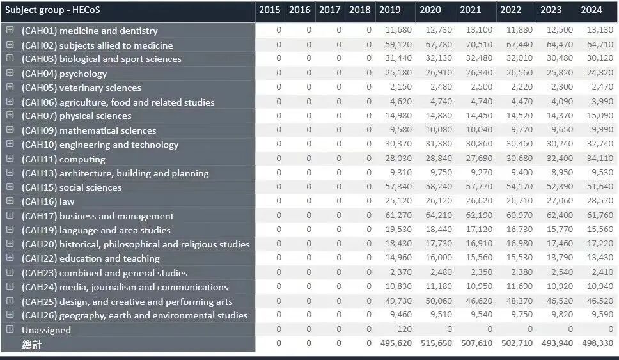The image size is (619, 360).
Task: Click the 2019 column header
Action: click(x=389, y=10)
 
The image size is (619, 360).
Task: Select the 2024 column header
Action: click(x=591, y=10)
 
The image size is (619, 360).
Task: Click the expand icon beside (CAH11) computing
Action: click(x=10, y=159)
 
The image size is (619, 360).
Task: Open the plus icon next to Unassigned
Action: click(x=10, y=329)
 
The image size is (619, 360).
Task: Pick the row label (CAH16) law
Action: click(x=48, y=201)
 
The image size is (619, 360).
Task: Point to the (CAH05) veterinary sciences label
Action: click(x=81, y=88)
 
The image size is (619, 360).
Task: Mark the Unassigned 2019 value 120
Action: click(x=404, y=329)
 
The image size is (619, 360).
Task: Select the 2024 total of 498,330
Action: click(x=596, y=343)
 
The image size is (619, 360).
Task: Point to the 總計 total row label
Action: click(x=32, y=344)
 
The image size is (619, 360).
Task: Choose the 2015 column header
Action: click(x=270, y=10)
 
